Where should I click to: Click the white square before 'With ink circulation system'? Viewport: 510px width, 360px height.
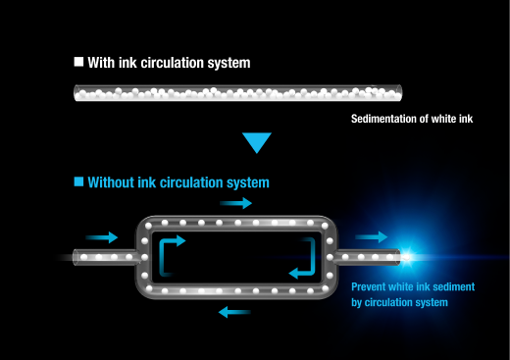[78, 62]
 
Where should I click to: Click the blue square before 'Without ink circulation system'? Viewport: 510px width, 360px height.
[78, 181]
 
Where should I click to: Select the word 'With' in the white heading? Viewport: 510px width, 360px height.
[101, 63]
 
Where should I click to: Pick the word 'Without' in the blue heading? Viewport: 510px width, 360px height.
[111, 182]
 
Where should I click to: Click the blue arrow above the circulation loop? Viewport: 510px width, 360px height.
[235, 203]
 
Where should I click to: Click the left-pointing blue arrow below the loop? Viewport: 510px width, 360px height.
[234, 312]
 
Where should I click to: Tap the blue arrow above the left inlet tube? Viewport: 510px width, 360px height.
[102, 237]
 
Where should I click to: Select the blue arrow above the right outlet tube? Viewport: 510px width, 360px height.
[372, 237]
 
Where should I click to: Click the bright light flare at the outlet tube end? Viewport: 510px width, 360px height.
[407, 257]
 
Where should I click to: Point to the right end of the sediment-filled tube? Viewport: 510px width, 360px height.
[400, 93]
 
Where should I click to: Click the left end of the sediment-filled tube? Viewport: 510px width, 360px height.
[76, 93]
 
